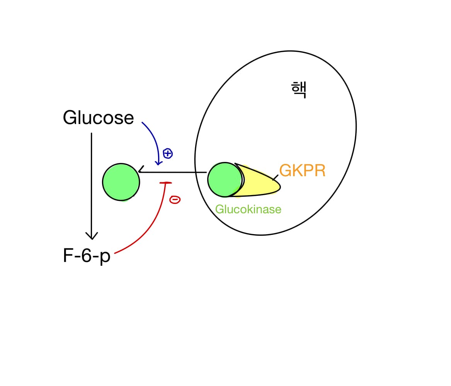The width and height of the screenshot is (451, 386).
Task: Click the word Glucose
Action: coord(98,118)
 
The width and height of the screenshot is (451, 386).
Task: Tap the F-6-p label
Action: coord(87,256)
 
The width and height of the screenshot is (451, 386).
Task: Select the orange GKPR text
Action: coord(302,170)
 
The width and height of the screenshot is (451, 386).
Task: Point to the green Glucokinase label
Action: coord(248,209)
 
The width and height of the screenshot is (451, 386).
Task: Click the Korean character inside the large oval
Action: coord(298,90)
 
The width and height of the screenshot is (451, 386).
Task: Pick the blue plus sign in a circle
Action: coord(168,153)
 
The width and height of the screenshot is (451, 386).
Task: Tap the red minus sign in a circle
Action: coord(175,200)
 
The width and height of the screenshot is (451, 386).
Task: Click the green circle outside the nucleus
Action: coord(121,182)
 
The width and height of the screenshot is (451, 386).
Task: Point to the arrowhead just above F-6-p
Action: coord(92,236)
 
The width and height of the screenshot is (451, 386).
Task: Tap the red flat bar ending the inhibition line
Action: coord(165,182)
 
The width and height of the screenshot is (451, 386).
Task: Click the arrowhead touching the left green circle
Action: coord(141,170)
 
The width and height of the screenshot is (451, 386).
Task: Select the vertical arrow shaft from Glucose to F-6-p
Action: coord(92,182)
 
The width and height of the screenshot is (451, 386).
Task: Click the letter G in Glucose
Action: coord(69,118)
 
